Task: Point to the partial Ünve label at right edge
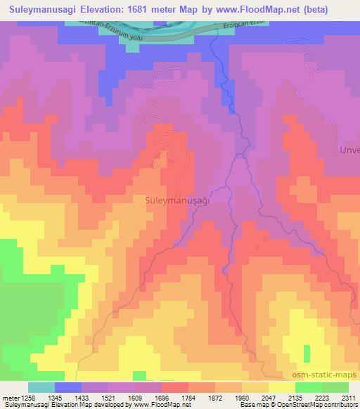pyautogui.click(x=349, y=152)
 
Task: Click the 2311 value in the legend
pyautogui.click(x=348, y=397)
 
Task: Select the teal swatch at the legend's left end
pyautogui.click(x=41, y=387)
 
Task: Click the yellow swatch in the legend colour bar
pyautogui.click(x=281, y=387)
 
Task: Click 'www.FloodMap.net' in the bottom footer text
pyautogui.click(x=153, y=405)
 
